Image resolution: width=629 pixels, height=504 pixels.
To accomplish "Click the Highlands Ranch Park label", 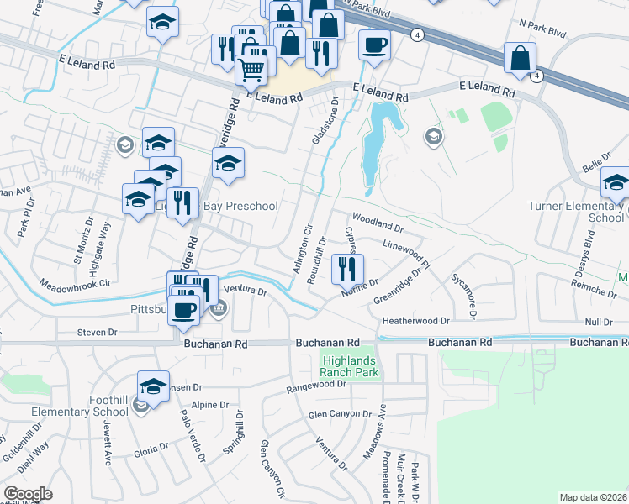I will (x=350, y=366).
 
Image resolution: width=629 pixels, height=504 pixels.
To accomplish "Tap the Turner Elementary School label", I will (x=576, y=212).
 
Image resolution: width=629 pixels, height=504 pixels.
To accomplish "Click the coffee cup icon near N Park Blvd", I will (x=374, y=45).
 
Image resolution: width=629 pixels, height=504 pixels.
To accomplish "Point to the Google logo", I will (x=28, y=494).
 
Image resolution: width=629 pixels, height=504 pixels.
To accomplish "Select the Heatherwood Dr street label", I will (x=416, y=320).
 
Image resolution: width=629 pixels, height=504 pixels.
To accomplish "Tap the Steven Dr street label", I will (x=97, y=333).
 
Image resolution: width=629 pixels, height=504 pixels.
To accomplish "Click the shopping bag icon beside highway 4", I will (x=521, y=58).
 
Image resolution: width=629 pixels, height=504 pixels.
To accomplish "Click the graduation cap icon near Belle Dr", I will (x=616, y=182).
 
